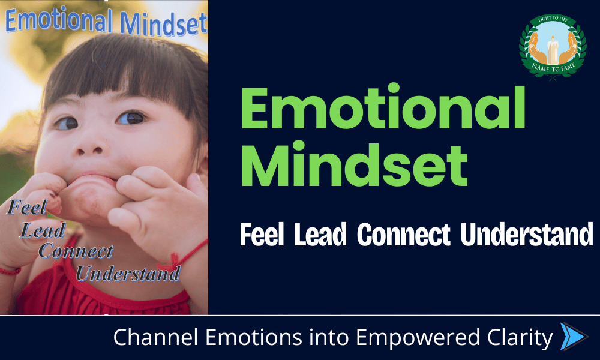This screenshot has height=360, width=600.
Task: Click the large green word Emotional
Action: click(x=383, y=108)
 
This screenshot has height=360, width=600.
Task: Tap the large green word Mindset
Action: click(x=355, y=164)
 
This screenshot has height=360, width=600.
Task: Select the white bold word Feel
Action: click(x=262, y=235)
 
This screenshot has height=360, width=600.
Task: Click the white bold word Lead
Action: click(x=320, y=235)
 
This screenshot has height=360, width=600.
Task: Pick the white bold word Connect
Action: click(x=404, y=235)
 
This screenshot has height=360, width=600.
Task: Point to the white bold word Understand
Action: click(x=527, y=235)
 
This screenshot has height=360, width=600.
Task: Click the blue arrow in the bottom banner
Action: click(x=574, y=337)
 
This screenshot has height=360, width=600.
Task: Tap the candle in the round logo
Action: click(x=552, y=50)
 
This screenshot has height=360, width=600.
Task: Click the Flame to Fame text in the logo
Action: click(x=553, y=68)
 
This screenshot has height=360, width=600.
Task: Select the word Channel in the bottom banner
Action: click(x=156, y=337)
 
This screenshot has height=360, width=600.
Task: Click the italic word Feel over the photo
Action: click(x=27, y=208)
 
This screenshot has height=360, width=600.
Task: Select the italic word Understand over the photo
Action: click(x=128, y=273)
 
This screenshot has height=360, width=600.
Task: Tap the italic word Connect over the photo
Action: click(x=76, y=251)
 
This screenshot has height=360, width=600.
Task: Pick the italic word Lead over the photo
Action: click(x=43, y=230)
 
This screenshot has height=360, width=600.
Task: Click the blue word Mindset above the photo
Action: click(x=163, y=24)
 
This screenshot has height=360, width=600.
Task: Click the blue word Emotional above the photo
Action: click(x=59, y=20)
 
